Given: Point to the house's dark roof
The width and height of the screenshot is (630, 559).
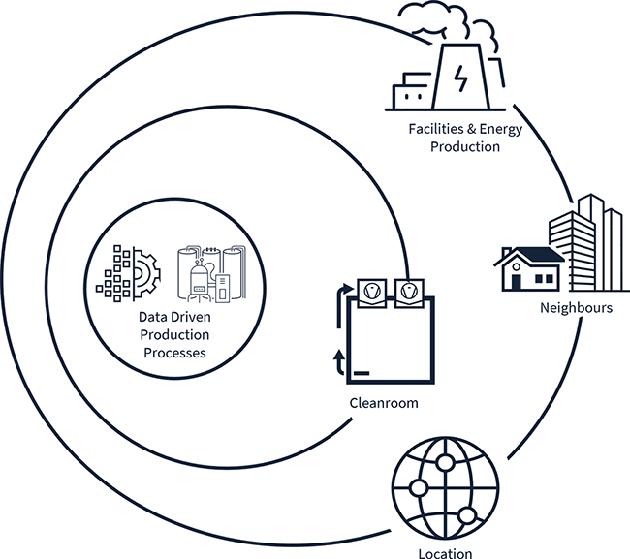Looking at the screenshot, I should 529,255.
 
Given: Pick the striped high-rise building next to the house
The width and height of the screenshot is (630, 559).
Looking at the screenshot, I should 584,242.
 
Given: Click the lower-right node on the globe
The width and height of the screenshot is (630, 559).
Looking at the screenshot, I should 471,513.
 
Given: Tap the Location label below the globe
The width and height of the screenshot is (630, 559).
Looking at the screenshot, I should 446,553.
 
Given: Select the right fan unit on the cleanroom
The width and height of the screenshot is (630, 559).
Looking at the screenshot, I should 409,289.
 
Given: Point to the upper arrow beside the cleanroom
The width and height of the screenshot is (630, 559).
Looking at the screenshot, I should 342,291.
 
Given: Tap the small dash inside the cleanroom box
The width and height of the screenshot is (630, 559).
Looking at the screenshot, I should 360,372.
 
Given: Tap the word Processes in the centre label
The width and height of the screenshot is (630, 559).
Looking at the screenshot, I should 174,353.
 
